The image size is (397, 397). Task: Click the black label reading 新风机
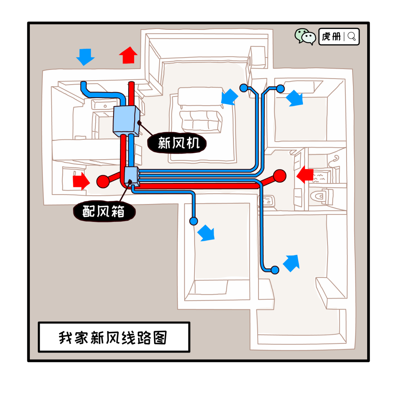pos(177,143)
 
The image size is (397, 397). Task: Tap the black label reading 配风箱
pos(104,211)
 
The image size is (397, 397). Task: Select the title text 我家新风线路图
pos(113,337)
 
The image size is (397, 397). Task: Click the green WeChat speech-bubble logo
pos(305,37)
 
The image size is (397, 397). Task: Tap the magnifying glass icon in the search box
pos(352,37)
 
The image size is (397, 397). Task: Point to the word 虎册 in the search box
pos(331,37)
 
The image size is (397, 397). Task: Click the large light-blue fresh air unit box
pos(126,121)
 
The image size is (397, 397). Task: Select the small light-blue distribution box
pos(132,176)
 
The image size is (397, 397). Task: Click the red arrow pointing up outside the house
pos(128,55)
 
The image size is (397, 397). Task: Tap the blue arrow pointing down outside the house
pos(85,57)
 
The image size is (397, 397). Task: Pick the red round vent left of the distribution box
pos(103,181)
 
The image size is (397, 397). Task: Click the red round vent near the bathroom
pos(279,176)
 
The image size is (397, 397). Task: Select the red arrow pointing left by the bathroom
pos(305,175)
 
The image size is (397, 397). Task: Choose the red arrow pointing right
pos(81,181)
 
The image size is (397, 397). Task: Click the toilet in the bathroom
pos(322,196)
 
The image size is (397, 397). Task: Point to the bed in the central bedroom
pos(200,110)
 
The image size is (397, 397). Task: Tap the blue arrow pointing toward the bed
pos(229,97)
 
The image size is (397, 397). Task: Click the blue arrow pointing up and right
pos(291,263)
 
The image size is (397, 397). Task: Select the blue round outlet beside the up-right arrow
pos(275,270)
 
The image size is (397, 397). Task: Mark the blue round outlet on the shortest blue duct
pos(193,221)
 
